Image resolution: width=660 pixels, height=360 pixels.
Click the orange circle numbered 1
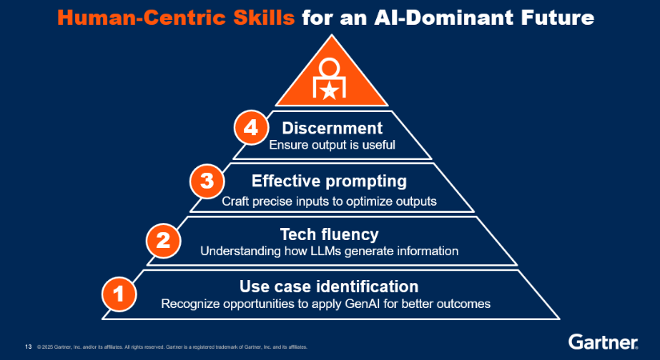pos(118,293)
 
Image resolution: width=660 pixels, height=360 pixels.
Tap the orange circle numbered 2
pos(162,239)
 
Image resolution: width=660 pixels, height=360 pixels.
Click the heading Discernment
pos(332,128)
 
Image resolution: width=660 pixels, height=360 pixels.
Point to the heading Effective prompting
pos(329,182)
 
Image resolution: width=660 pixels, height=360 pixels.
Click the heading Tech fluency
pos(329,234)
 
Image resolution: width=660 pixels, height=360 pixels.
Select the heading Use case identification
pos(329,286)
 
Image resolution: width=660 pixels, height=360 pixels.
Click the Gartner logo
pos(603,342)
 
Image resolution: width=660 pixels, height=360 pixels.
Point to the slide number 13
pos(28,346)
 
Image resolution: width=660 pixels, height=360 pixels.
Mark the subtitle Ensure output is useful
pos(332,146)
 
